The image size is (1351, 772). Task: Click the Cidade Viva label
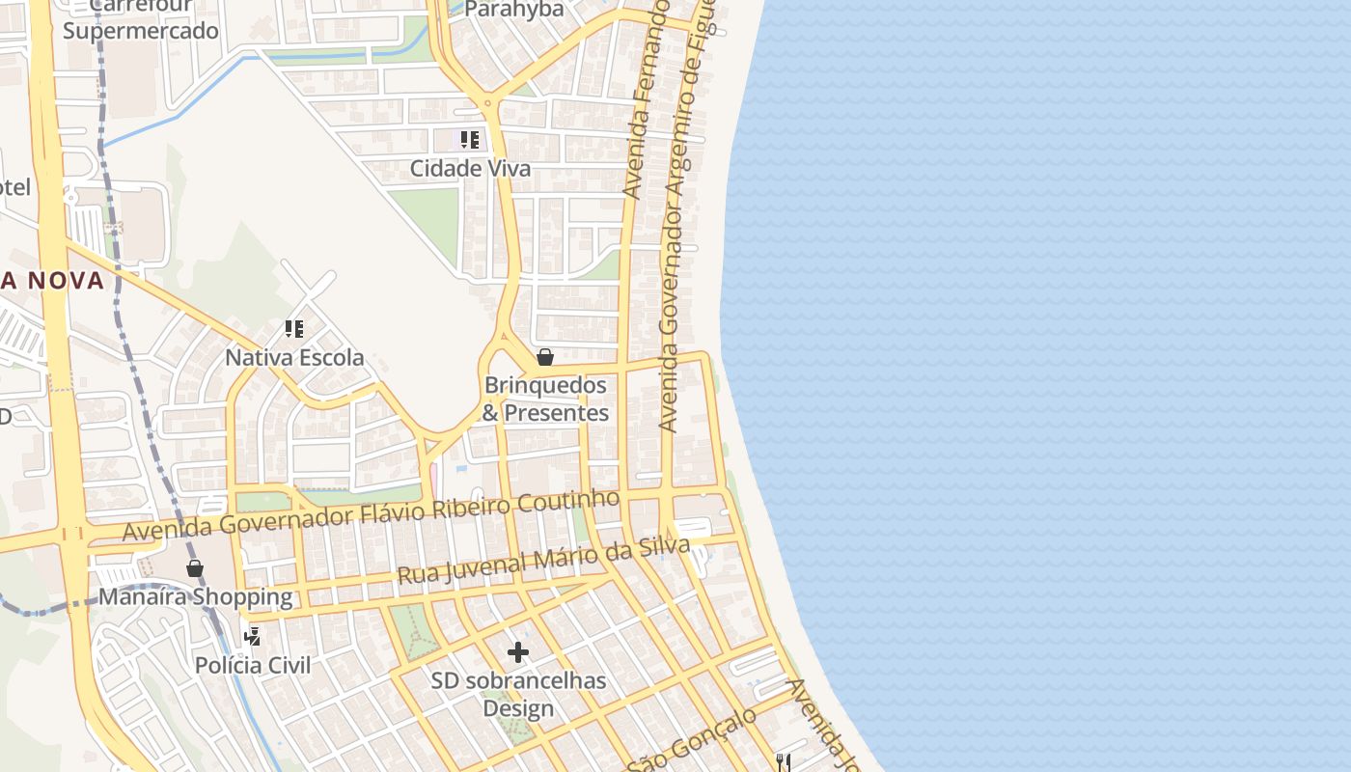(x=470, y=169)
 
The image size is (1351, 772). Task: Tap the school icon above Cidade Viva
(x=469, y=140)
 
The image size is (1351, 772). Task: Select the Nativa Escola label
(x=294, y=358)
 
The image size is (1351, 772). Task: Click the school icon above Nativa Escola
(x=294, y=329)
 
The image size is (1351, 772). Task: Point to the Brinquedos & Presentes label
(x=545, y=399)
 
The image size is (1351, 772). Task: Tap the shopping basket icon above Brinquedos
(x=545, y=357)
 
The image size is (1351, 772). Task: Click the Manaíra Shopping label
(x=195, y=596)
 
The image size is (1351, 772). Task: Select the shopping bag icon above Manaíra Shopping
(x=195, y=568)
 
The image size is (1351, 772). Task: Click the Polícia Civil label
(x=253, y=665)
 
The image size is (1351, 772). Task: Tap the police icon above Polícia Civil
(x=253, y=636)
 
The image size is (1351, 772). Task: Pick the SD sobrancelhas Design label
(x=518, y=694)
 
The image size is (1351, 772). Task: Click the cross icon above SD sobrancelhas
(x=518, y=652)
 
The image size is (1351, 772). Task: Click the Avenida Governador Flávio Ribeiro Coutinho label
(x=371, y=515)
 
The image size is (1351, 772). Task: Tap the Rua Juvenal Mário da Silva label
(x=543, y=561)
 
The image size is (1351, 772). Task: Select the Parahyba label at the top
(x=513, y=10)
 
